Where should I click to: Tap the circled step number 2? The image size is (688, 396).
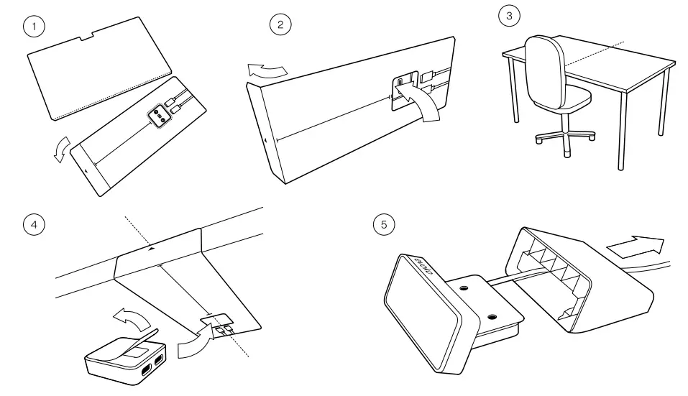point(280,25)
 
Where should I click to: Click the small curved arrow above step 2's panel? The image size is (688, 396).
point(267,70)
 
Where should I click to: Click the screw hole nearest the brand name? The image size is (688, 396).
point(463,287)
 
